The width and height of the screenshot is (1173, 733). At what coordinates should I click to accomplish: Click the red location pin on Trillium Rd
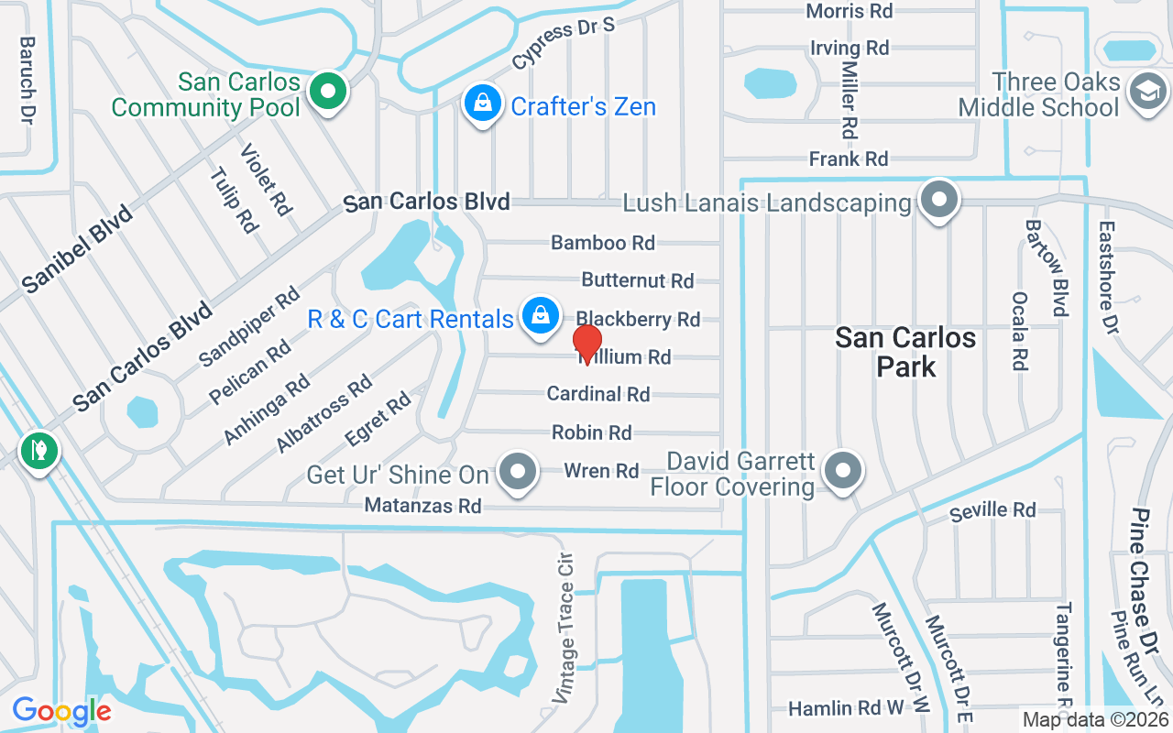pyautogui.click(x=586, y=344)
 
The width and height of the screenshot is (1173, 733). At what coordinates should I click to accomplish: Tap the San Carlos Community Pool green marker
pyautogui.click(x=325, y=92)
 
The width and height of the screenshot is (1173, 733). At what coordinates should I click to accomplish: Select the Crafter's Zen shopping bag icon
pyautogui.click(x=481, y=104)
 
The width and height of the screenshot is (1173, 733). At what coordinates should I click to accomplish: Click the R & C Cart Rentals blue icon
pyautogui.click(x=541, y=316)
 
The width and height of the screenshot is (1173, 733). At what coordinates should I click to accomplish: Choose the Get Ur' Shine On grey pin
pyautogui.click(x=519, y=473)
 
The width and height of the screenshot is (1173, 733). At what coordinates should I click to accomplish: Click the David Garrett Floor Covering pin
pyautogui.click(x=843, y=472)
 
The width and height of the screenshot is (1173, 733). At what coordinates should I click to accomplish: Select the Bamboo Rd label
pyautogui.click(x=602, y=243)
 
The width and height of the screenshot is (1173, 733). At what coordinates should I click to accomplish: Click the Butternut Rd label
pyautogui.click(x=637, y=279)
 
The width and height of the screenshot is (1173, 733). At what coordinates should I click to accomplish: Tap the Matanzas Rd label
pyautogui.click(x=422, y=506)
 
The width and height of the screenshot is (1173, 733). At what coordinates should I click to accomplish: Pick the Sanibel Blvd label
pyautogui.click(x=77, y=249)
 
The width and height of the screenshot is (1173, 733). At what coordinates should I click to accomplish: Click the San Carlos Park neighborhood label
pyautogui.click(x=904, y=352)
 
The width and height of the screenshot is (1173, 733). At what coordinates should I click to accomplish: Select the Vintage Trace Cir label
pyautogui.click(x=564, y=628)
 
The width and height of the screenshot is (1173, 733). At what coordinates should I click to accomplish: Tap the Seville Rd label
pyautogui.click(x=992, y=510)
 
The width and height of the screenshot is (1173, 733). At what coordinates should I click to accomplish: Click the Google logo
pyautogui.click(x=61, y=711)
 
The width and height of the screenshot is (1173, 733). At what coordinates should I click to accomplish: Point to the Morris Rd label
pyautogui.click(x=849, y=11)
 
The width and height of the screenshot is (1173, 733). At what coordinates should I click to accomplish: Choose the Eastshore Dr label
pyautogui.click(x=1109, y=277)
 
